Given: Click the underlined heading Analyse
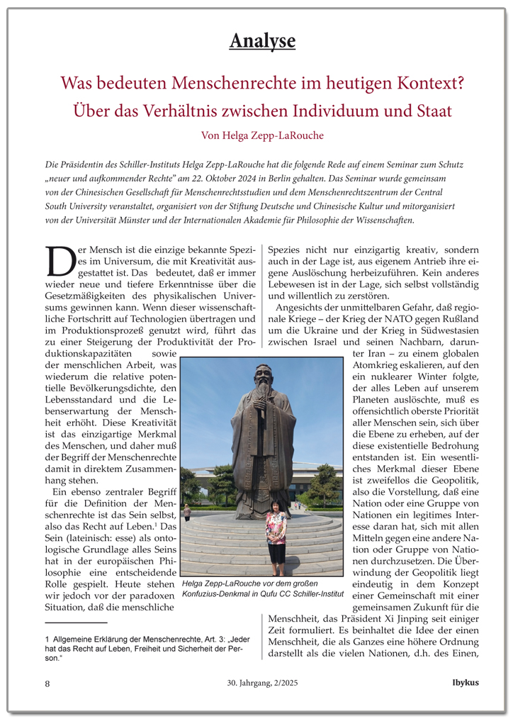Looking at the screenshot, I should coord(262,41).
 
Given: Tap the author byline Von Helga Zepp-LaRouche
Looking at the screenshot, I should coord(261,135).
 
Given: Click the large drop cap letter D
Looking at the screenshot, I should coord(60,262).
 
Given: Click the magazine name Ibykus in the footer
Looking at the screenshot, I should coord(466,683).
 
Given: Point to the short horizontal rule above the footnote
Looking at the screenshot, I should coord(75,622).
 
